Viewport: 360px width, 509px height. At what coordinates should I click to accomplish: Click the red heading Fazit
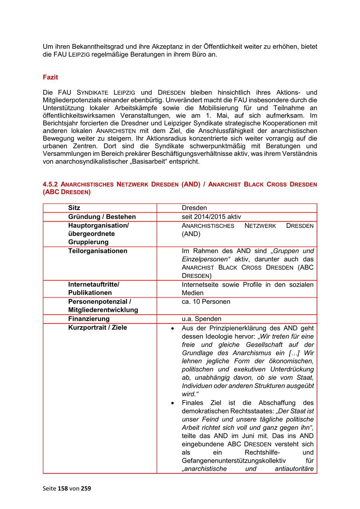[50, 78]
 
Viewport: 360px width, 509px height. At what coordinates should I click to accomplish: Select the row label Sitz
[74, 208]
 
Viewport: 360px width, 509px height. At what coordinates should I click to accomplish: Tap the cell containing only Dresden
[194, 208]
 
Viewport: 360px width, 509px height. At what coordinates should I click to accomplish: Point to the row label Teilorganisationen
[98, 251]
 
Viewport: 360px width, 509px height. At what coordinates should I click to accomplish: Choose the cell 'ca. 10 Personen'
[206, 301]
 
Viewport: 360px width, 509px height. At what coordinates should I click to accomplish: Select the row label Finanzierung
[89, 319]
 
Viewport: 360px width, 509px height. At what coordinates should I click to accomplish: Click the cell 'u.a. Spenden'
[201, 319]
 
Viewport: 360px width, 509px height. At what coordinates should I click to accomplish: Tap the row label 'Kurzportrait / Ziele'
[97, 327]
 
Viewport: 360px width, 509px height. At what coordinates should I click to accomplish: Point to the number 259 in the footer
[86, 488]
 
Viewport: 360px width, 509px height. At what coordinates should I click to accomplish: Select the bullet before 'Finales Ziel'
[172, 403]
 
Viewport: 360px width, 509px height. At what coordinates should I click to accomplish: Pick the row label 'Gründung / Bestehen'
[102, 217]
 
